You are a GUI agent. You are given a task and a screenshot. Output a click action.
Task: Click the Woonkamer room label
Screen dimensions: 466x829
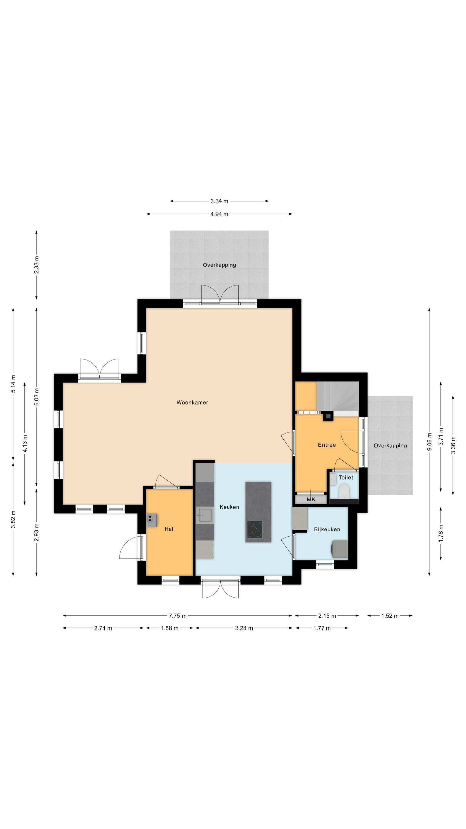click(192, 402)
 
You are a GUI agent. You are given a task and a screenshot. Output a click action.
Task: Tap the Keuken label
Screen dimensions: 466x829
click(229, 507)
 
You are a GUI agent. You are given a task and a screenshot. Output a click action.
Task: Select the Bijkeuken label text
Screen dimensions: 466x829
click(327, 529)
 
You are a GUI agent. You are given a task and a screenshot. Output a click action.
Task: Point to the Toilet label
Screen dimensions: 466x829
click(346, 478)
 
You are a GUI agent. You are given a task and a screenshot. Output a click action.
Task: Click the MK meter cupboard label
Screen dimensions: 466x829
click(311, 499)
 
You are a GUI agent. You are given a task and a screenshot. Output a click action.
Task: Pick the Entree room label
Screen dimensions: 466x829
click(327, 445)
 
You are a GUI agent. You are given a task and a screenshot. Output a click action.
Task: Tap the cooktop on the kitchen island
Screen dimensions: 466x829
click(255, 529)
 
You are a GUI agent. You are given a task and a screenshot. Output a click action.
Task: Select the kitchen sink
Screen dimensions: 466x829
click(205, 515)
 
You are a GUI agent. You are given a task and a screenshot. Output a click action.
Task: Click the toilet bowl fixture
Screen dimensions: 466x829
click(344, 491)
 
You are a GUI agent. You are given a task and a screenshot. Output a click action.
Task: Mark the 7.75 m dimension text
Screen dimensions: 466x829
click(178, 616)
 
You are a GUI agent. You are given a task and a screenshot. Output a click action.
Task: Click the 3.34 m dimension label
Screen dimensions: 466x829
click(219, 201)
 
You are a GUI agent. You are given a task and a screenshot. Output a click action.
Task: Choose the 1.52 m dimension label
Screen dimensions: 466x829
click(390, 616)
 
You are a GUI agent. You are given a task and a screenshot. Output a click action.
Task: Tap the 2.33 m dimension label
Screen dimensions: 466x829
click(37, 265)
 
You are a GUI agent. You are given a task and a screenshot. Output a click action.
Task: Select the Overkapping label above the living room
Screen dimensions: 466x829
click(219, 265)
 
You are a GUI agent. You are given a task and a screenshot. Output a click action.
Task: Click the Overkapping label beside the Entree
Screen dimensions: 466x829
click(390, 446)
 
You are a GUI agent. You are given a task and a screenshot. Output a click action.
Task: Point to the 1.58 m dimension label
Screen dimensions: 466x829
click(170, 628)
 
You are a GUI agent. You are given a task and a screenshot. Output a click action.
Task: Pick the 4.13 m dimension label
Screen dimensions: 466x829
click(25, 443)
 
